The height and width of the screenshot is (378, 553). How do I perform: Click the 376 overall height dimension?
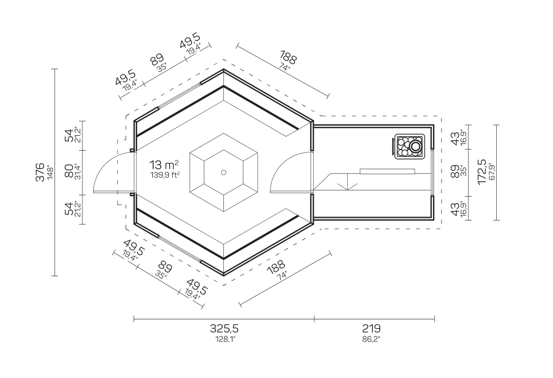[x=40, y=171]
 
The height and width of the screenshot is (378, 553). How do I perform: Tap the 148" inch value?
[x=50, y=172]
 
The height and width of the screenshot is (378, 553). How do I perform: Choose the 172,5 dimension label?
[x=482, y=172]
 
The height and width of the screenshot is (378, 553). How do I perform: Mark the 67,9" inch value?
[x=492, y=172]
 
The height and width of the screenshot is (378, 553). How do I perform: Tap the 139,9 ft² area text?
[x=165, y=175]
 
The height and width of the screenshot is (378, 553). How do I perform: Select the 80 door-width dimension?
[x=69, y=171]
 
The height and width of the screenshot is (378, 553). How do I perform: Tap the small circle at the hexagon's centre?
[x=223, y=172]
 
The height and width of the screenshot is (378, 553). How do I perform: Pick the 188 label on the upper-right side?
[x=289, y=59]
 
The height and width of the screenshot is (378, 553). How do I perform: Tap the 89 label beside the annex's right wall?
[x=455, y=171]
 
